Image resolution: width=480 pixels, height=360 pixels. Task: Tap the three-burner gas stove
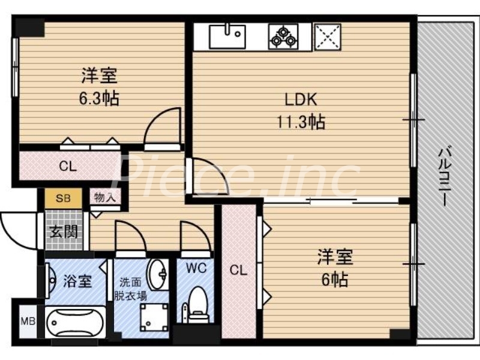click(283, 36)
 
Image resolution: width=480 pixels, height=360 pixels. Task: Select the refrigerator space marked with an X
click(328, 36)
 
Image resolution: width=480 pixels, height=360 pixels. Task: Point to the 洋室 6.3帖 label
click(100, 86)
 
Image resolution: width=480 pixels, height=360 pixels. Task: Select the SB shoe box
click(61, 198)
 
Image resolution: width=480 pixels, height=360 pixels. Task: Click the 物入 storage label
click(106, 197)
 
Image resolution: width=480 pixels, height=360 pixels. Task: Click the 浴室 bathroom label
click(77, 280)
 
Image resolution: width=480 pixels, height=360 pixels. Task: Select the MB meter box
click(28, 321)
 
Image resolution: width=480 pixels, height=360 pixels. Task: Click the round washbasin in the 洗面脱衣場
click(158, 274)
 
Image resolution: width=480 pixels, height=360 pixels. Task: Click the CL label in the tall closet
click(239, 271)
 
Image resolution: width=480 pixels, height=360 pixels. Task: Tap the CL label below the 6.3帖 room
click(68, 167)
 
